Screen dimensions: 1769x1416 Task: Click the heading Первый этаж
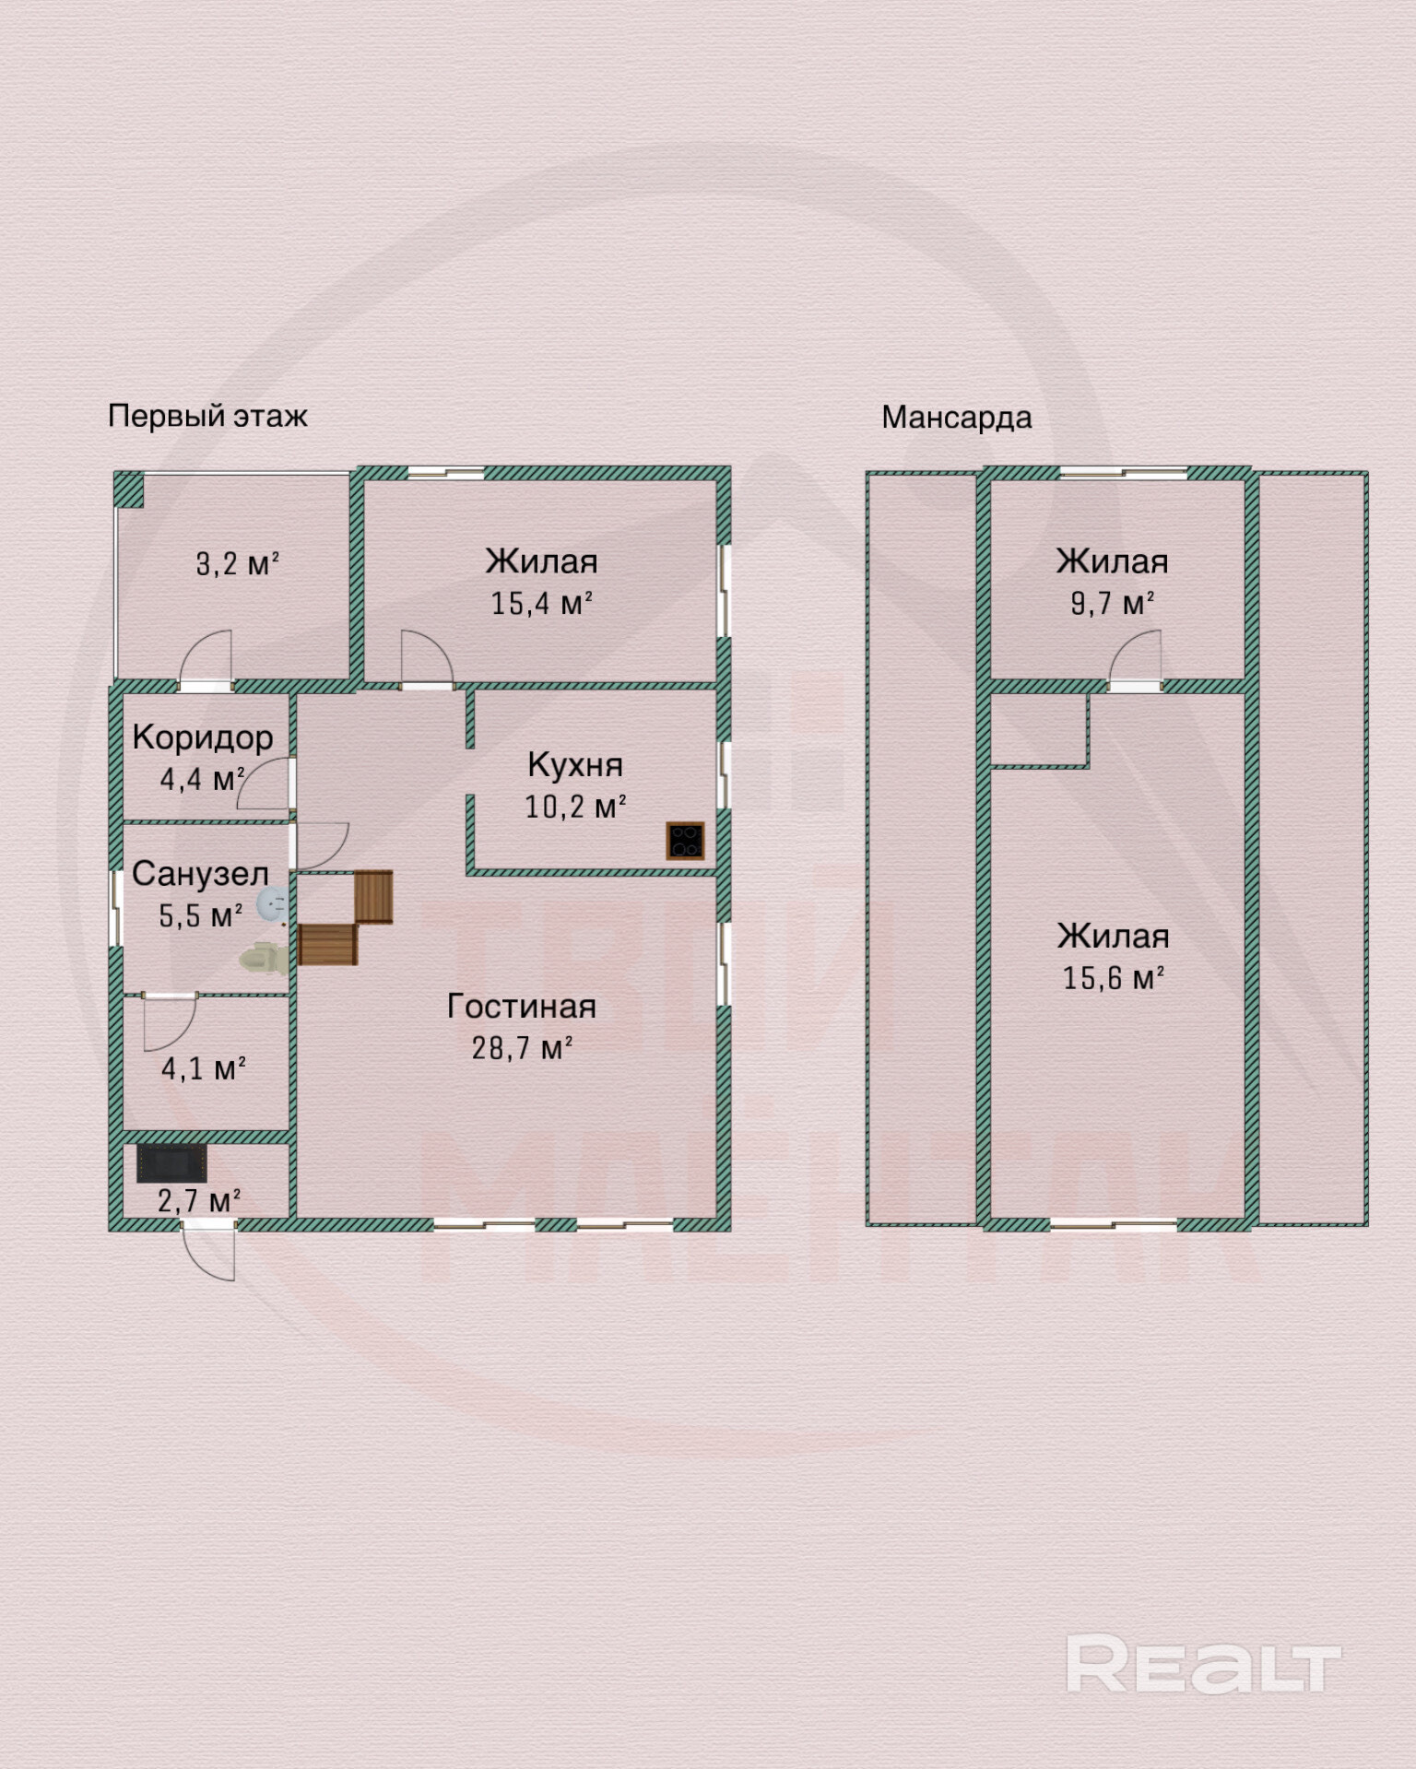coord(207,416)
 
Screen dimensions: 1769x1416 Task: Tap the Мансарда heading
coord(956,418)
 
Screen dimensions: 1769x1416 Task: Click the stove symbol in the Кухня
coord(685,841)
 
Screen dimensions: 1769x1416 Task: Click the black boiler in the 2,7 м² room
coord(171,1163)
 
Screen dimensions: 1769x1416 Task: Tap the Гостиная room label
coord(521,1006)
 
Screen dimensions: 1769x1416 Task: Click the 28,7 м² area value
coord(522,1048)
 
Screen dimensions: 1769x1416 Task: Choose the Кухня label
coord(575,764)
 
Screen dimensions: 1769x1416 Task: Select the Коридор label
coord(203,737)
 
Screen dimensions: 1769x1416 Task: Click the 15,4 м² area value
coord(541,604)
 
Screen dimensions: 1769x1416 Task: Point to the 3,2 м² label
coord(237,563)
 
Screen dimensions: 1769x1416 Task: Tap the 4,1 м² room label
coord(203,1069)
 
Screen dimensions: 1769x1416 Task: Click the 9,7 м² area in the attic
coord(1112,604)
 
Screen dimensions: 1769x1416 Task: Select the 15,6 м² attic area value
coord(1113,978)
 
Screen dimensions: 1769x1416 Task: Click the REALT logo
coord(1203,1664)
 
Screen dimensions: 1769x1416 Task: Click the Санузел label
coord(200,874)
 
